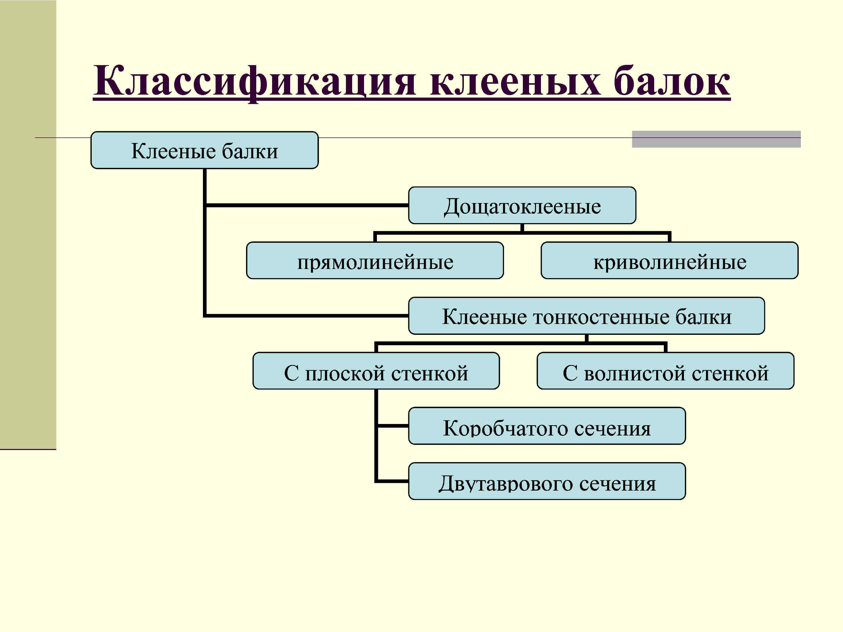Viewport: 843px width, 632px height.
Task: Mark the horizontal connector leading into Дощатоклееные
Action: (307, 205)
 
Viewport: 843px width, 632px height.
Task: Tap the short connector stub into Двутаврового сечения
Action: (393, 481)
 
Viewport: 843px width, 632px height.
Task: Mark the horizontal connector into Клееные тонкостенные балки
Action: (307, 316)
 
